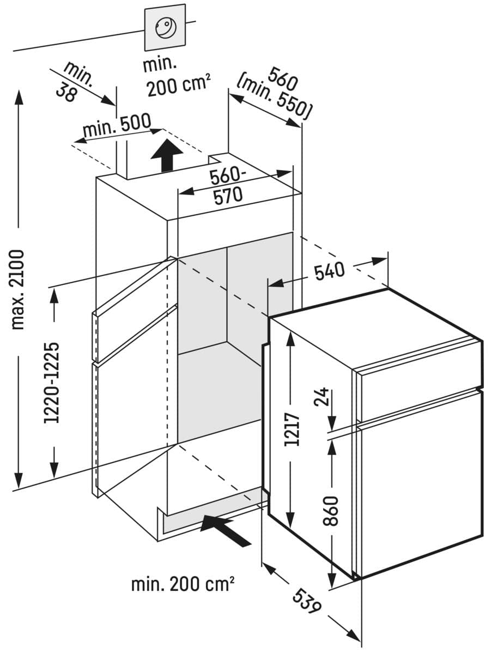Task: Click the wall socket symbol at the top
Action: point(165,28)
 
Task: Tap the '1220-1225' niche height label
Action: point(52,383)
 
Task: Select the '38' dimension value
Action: point(66,92)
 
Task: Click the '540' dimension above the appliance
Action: point(330,271)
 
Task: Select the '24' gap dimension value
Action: point(321,397)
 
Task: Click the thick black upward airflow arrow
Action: point(167,155)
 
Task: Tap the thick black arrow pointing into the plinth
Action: point(224,531)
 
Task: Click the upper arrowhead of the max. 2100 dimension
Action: point(19,97)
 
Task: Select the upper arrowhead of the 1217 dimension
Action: point(290,339)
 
